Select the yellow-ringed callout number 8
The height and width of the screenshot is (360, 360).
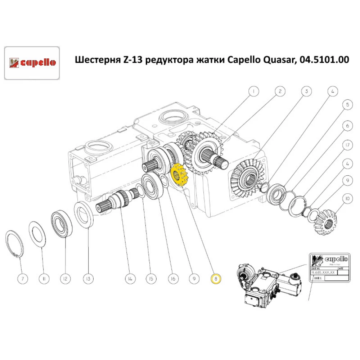[215, 279]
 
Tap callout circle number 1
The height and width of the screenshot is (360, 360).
[253, 91]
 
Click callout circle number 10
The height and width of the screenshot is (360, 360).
[347, 198]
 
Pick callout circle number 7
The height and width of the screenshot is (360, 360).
[22, 279]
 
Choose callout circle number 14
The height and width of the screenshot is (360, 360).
[130, 279]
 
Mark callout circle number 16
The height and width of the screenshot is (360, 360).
[173, 279]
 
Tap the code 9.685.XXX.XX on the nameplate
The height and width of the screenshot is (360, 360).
[323, 273]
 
